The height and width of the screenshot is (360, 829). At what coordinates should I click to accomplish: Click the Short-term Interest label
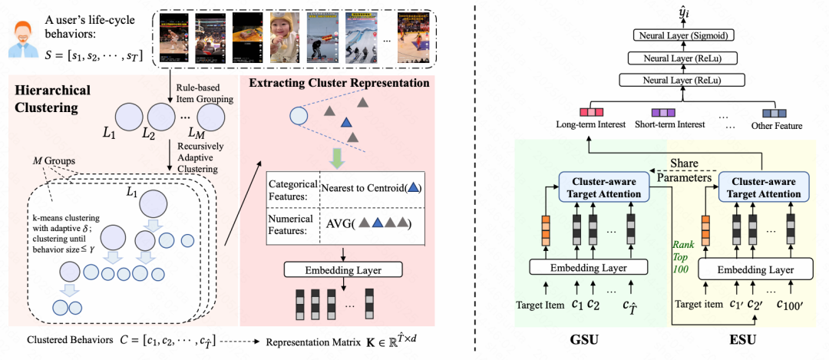click(668, 126)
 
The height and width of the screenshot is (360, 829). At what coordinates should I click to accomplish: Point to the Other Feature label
click(776, 126)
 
